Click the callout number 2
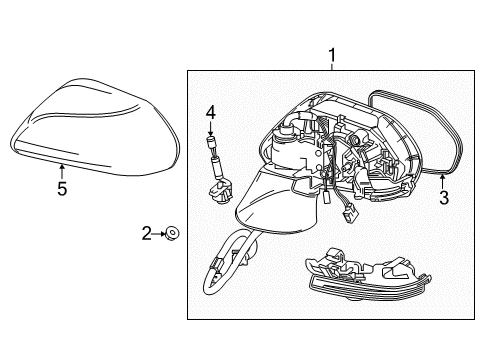point(147,233)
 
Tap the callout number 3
point(444,198)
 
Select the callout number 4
point(211,112)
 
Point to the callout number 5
point(62,188)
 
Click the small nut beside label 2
point(172,233)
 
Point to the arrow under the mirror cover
point(62,169)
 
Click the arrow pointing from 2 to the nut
point(159,233)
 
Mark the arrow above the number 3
point(443,179)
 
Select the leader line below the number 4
point(211,128)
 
